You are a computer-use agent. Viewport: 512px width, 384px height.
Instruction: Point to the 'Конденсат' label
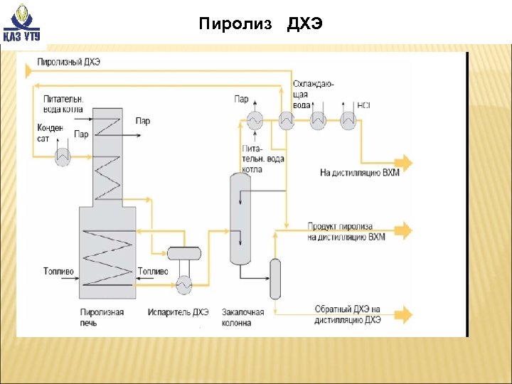click(x=49, y=133)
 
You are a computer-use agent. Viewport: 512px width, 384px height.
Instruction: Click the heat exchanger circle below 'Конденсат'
click(x=63, y=157)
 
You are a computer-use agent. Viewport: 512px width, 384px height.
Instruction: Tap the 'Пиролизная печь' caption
click(x=102, y=317)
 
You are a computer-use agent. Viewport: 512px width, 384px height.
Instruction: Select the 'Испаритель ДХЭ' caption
click(x=178, y=312)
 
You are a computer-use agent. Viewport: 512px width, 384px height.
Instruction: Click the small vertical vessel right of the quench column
click(x=275, y=279)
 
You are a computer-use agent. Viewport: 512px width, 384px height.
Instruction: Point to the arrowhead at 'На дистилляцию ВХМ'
click(x=405, y=161)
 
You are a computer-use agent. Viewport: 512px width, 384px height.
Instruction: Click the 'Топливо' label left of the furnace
click(x=58, y=272)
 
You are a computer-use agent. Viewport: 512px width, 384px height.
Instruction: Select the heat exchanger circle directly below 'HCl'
click(x=348, y=121)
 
